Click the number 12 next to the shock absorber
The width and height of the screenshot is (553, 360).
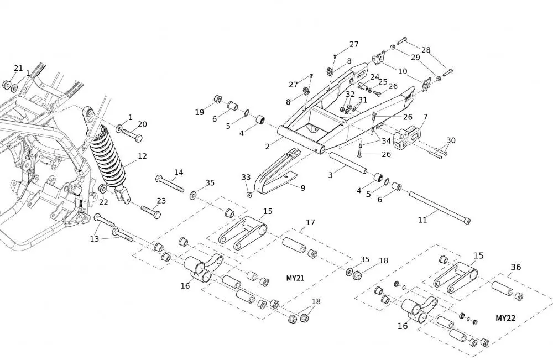(142, 156)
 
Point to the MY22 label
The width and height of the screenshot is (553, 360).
(505, 319)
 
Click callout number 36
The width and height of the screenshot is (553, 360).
(515, 267)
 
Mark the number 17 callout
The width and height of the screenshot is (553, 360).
(310, 222)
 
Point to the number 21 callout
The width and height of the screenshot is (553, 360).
(19, 68)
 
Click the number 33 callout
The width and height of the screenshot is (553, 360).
(246, 177)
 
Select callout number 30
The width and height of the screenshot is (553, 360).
(451, 140)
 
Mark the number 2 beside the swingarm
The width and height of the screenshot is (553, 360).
(268, 146)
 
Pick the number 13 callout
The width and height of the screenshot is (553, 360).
(95, 239)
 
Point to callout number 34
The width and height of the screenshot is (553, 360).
(386, 141)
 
